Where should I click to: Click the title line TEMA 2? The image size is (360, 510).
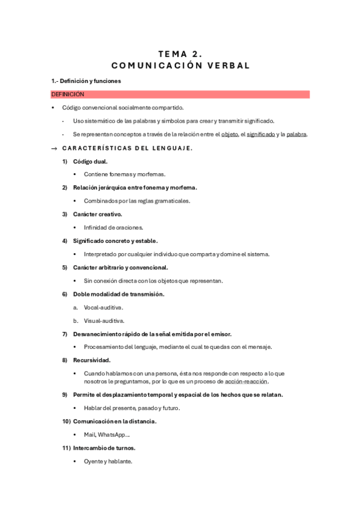(x=180, y=54)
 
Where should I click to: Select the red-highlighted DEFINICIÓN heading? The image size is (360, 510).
(x=68, y=94)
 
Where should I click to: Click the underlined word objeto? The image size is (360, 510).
(x=230, y=134)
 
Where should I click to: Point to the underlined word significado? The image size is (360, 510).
(x=261, y=134)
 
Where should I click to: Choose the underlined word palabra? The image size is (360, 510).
(x=296, y=134)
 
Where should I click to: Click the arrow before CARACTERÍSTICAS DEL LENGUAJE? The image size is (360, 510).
(x=54, y=149)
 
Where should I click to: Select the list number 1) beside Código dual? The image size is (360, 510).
(x=65, y=161)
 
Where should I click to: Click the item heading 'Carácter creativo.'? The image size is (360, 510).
(x=97, y=214)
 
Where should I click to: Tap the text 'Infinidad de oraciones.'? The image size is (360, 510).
(x=114, y=227)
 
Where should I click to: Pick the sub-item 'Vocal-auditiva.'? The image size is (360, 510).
(x=103, y=307)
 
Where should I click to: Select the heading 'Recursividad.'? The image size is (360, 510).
(x=91, y=360)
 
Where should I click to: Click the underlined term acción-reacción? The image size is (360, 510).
(x=246, y=381)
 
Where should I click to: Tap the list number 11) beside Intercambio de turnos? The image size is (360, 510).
(x=66, y=448)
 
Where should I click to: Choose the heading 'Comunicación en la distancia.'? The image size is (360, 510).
(x=115, y=421)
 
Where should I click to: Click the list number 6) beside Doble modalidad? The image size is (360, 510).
(x=65, y=294)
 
